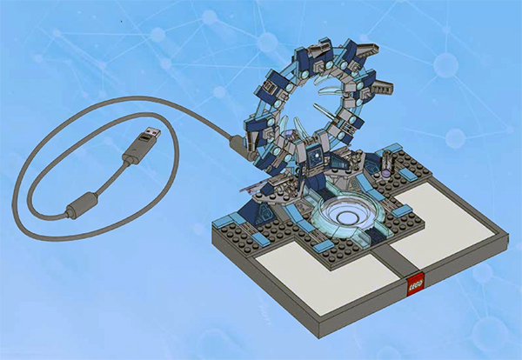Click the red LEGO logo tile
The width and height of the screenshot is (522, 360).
[416, 284]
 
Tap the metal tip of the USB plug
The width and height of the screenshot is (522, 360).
[153, 132]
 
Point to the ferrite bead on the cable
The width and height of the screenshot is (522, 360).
[82, 205]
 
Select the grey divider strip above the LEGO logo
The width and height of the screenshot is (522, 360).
[396, 259]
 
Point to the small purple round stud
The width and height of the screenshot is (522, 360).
[385, 173]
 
